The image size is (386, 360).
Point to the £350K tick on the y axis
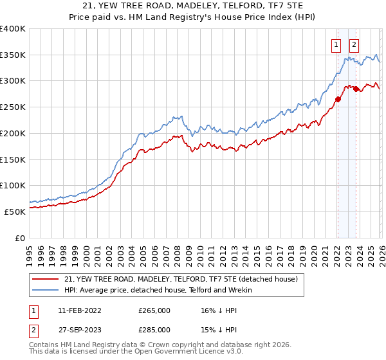coord(13,55)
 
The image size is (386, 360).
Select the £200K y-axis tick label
coord(13,133)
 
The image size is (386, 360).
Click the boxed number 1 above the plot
coord(336,45)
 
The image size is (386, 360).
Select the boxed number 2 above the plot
coord(354,45)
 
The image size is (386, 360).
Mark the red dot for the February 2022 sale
coord(337,99)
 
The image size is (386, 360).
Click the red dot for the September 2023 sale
coord(356,89)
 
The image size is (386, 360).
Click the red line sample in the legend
coord(46,280)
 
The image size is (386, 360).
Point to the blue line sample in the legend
coord(46,290)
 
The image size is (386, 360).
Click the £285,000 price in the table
coord(154,330)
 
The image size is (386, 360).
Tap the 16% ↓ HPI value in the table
coord(219,310)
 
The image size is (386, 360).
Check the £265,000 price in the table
coord(154,310)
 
